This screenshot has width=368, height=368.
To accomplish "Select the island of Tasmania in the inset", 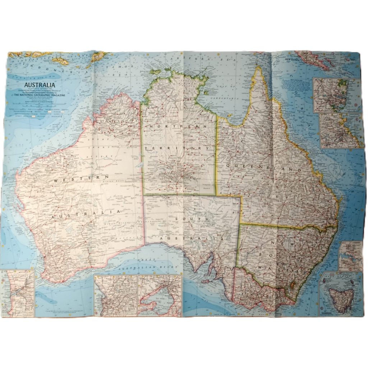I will (x=340, y=299).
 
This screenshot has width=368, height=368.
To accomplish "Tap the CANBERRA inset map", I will (x=350, y=256).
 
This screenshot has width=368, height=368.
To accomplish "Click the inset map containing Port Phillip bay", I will (x=160, y=295).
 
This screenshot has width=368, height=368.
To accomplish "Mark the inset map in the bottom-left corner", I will (x=17, y=293).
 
